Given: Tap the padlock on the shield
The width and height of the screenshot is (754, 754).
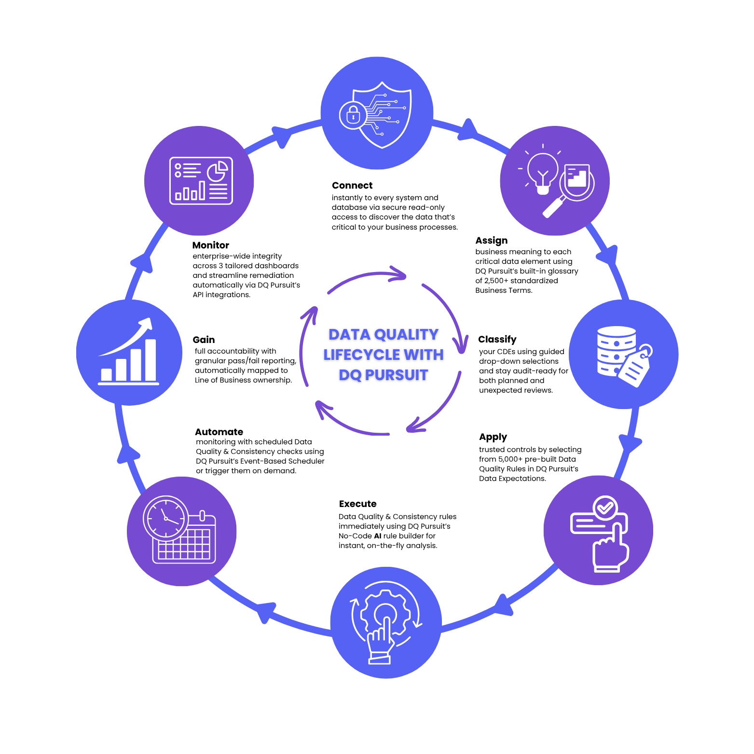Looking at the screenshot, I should click(353, 115).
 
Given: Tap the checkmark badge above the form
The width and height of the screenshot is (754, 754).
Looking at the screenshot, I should click(605, 507).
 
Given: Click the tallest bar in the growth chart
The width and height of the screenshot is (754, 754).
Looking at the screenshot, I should click(151, 360).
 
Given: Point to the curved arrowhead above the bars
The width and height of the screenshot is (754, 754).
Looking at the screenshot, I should click(146, 324).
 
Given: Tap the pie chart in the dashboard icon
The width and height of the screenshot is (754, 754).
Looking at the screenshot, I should click(218, 171).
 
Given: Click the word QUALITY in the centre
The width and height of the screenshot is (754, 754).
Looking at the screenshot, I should click(406, 334).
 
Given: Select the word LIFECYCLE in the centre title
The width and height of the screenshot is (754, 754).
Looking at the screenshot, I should click(362, 355).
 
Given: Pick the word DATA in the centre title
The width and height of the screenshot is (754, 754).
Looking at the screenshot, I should click(349, 334).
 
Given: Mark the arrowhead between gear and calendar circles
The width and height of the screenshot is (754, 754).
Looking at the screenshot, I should click(265, 612).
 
